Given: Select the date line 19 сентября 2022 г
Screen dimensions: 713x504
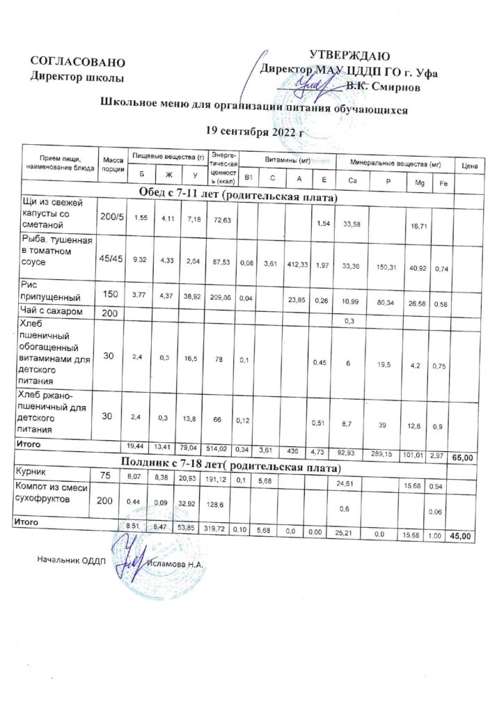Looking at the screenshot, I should [257, 130].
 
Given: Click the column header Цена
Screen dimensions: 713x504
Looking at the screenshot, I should [468, 166].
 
